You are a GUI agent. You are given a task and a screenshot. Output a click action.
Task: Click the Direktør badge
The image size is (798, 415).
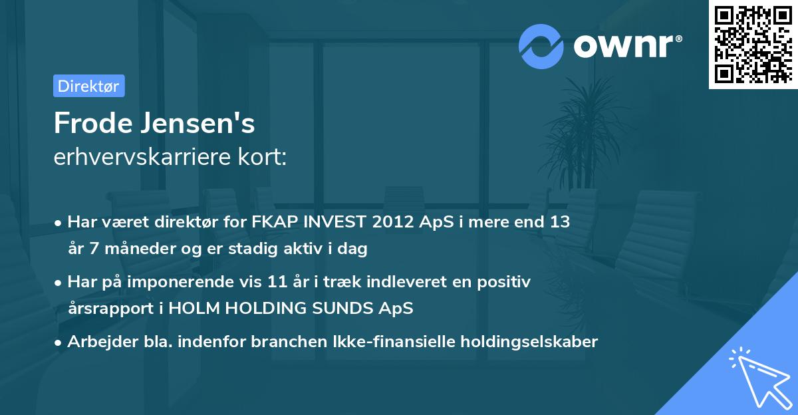[89, 86]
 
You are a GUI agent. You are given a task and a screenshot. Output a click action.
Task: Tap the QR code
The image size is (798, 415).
[753, 44]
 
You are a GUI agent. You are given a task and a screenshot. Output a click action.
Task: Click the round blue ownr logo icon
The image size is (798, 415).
[541, 47]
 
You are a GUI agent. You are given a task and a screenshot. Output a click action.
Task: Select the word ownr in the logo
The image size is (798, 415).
[624, 47]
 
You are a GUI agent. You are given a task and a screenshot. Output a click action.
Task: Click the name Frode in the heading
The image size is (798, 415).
[93, 123]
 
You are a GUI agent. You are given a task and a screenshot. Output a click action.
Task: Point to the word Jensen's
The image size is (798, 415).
[198, 123]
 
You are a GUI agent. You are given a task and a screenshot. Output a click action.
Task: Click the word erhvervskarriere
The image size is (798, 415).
[142, 157]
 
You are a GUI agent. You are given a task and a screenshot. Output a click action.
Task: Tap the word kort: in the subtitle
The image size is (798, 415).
[262, 157]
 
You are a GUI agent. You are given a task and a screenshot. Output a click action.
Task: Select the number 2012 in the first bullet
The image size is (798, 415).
[393, 222]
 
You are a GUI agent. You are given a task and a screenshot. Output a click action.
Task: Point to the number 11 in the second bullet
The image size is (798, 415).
[277, 282]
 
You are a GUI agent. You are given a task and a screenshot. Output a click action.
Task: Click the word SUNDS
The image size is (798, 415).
[342, 308]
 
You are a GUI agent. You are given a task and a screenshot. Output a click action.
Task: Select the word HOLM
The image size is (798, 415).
[194, 308]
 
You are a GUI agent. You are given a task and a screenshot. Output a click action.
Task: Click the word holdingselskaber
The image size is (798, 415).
[529, 342]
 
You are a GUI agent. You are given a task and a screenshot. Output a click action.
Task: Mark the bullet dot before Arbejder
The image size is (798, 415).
[58, 343]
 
